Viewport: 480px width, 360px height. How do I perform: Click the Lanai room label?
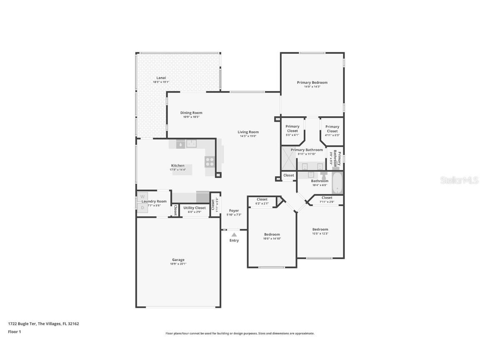pos(161,78)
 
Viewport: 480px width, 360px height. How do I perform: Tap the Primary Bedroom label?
pos(312,82)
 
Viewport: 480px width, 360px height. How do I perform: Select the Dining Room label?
pos(191,112)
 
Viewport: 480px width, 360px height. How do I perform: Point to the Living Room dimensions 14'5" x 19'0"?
pos(248,136)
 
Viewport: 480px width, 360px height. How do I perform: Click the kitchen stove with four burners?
pos(209,161)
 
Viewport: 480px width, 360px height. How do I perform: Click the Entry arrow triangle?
pos(234,235)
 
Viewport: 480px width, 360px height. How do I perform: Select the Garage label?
pos(178,260)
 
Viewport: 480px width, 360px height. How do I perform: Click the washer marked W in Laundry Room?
pos(142,196)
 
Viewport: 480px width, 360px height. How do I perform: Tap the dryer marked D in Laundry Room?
pos(142,207)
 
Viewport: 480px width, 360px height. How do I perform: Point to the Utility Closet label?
pos(195,207)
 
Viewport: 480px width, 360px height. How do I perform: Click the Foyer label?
pos(234,210)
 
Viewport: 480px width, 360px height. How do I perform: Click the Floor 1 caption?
pos(14,332)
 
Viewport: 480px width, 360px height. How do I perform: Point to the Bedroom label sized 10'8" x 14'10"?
pos(272,234)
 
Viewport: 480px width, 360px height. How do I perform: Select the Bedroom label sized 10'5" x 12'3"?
pos(320,229)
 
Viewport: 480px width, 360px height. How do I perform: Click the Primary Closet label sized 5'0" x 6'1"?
pos(292,128)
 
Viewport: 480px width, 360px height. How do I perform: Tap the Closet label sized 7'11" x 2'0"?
pos(327,197)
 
